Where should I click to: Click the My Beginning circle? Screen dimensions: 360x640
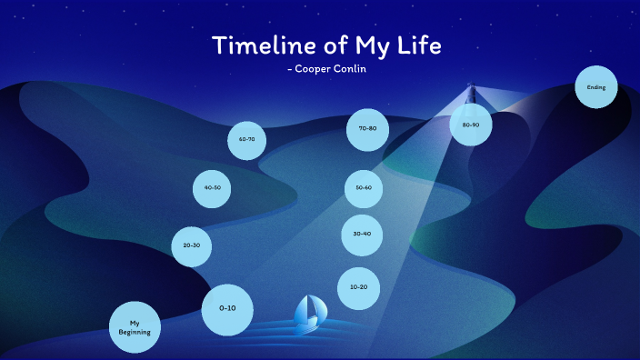click(x=135, y=327)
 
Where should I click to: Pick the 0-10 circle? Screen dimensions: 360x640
click(x=227, y=308)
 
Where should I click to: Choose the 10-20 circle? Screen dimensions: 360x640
click(x=358, y=287)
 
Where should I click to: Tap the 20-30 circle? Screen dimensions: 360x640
click(x=191, y=245)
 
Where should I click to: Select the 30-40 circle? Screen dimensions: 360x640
click(x=362, y=234)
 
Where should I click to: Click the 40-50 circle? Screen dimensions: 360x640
click(x=213, y=188)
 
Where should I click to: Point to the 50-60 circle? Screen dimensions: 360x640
click(x=364, y=188)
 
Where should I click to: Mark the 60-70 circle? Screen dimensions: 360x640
click(x=246, y=140)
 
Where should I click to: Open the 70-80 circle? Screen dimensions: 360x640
click(x=367, y=129)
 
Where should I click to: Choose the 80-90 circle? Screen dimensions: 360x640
click(x=471, y=125)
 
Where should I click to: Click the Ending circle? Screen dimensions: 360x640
click(x=596, y=88)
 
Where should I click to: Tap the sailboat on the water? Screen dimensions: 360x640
click(x=308, y=312)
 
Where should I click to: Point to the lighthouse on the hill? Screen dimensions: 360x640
click(x=472, y=94)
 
